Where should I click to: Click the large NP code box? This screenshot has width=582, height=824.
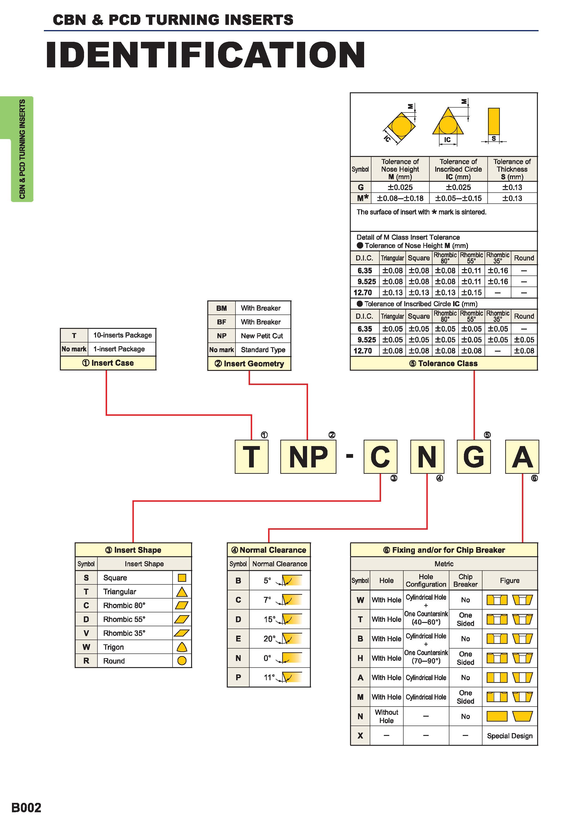click(x=308, y=456)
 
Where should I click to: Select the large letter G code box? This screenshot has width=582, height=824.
click(x=473, y=456)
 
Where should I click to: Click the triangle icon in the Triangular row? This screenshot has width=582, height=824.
click(x=182, y=592)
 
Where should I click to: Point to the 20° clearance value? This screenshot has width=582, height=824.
click(x=269, y=638)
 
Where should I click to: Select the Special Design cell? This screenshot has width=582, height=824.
click(x=509, y=736)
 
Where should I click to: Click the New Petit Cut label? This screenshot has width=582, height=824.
click(x=262, y=336)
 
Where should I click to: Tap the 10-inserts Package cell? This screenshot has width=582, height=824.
click(x=122, y=335)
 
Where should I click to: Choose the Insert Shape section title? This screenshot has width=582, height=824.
click(x=133, y=550)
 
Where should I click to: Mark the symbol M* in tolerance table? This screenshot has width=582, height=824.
click(x=362, y=198)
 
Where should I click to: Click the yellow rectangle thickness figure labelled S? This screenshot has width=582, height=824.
click(x=494, y=121)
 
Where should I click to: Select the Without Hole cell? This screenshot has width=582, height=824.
click(x=387, y=716)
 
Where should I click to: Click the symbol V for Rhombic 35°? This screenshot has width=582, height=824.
click(x=86, y=633)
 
